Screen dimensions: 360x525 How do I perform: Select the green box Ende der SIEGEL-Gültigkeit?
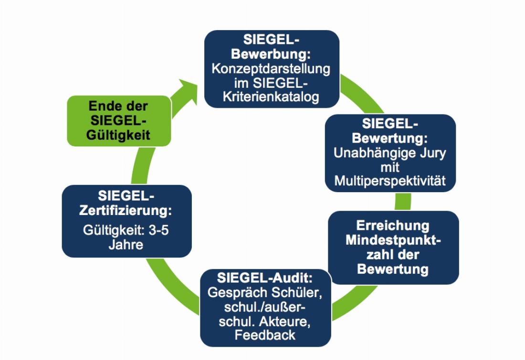pos(119,121)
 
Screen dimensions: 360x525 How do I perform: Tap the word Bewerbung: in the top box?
pos(271,53)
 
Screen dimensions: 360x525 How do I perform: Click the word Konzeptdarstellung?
pos(271,68)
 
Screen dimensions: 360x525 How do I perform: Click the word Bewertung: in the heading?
pos(390,139)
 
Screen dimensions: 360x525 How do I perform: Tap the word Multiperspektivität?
pos(390,182)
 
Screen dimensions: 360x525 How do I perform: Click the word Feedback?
pos(265,335)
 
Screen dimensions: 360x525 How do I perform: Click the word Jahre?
pos(126,246)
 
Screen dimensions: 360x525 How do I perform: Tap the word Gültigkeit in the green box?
pos(118,135)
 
